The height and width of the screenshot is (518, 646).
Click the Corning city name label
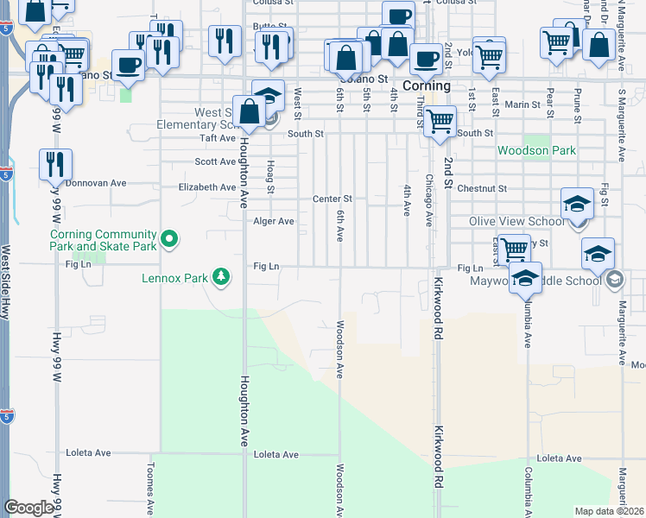(427, 86)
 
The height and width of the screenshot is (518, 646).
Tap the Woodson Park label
(536, 150)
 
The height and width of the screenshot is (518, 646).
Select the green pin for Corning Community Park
(170, 240)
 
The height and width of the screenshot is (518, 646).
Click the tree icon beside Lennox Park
(223, 277)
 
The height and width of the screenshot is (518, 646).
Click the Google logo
(28, 508)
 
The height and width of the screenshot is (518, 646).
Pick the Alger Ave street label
(274, 221)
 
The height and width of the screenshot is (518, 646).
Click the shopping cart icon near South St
(440, 120)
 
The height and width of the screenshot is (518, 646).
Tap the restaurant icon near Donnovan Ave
(55, 163)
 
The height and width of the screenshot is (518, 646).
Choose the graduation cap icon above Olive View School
(577, 204)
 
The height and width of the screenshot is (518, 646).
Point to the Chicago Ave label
(427, 201)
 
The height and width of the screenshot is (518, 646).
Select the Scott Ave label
(215, 161)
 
